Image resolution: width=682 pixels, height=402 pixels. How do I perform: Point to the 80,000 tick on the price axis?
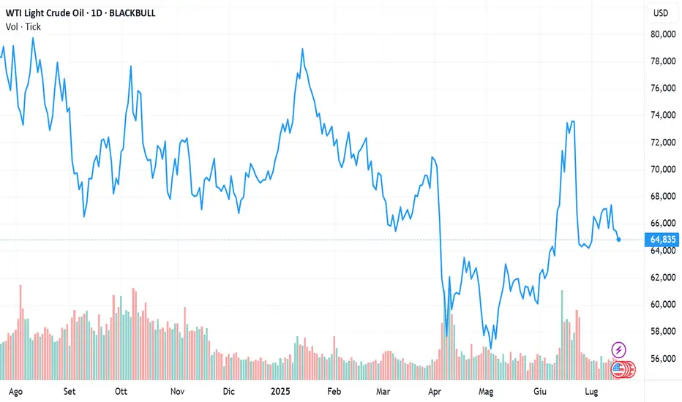(663, 34)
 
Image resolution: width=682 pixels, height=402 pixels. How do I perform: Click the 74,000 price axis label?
(663, 115)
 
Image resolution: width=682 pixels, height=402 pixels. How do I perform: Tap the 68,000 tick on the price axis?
(663, 197)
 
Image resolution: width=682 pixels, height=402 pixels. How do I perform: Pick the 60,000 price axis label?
(663, 305)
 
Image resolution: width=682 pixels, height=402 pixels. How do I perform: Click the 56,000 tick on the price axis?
(663, 359)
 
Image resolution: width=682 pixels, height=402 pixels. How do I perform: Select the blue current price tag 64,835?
(663, 239)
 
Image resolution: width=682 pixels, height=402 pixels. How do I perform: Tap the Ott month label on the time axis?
(121, 391)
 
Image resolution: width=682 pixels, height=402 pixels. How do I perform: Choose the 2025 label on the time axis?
(281, 391)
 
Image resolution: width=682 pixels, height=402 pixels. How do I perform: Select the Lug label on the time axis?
(602, 391)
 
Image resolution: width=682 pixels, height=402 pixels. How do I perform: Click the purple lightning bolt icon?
(619, 350)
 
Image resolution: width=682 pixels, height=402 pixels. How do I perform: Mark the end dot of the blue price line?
(619, 239)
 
